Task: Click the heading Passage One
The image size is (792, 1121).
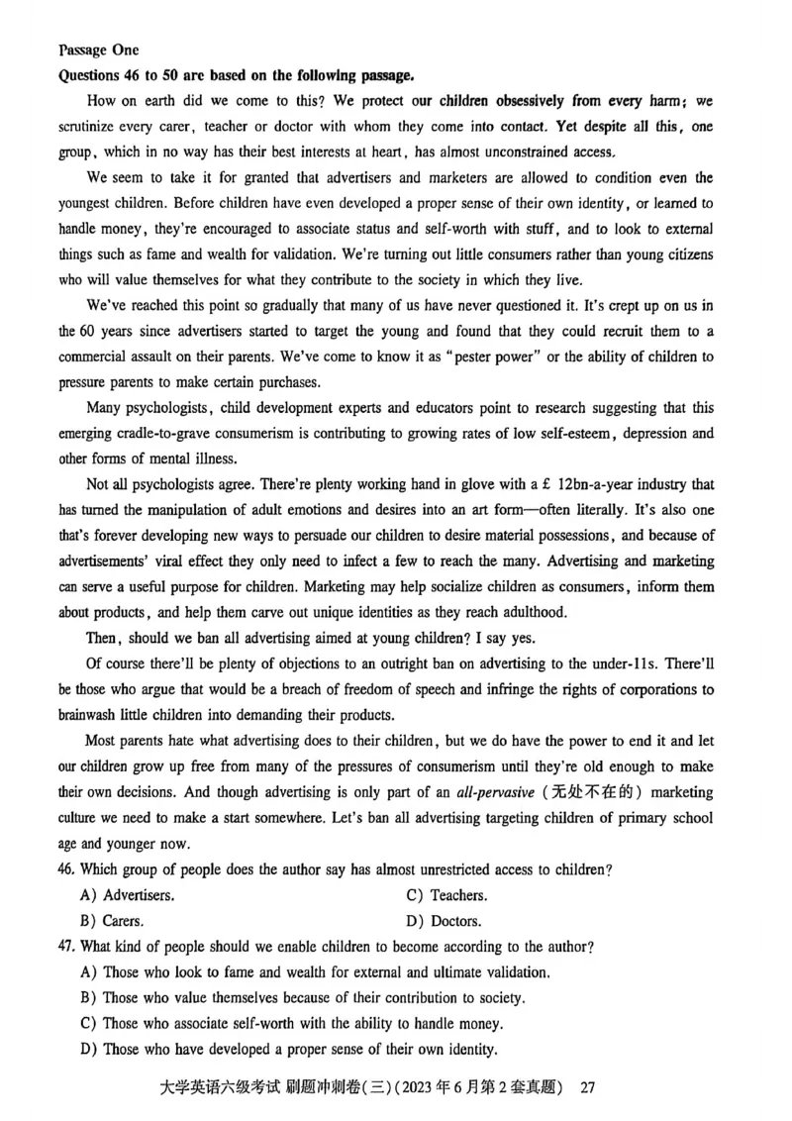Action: [98, 50]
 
